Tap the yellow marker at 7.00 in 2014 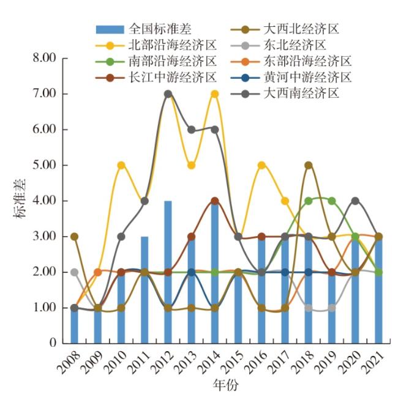tap(215, 94)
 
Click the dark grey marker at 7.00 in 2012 tap(168, 94)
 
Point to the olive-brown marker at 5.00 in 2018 tap(309, 165)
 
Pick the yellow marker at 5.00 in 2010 tap(121, 165)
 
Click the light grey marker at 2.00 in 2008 tap(75, 272)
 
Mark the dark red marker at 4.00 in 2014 tap(215, 201)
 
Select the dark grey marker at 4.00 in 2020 tap(355, 201)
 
